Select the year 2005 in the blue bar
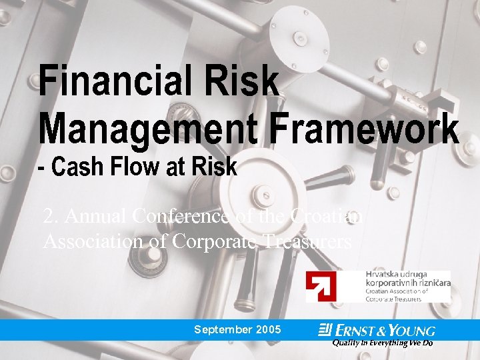[x=268, y=330]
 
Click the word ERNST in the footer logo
[x=358, y=331]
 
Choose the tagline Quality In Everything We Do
[x=382, y=343]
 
